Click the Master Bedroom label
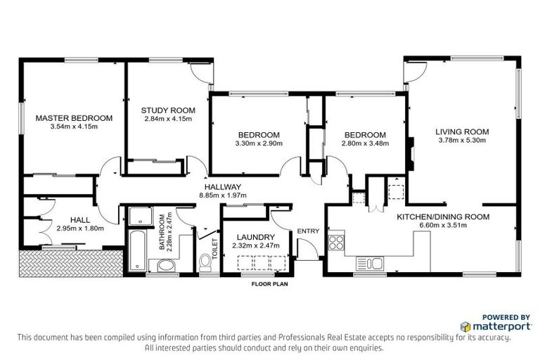(x=74, y=117)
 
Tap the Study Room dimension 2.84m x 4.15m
(x=167, y=120)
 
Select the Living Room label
(x=461, y=131)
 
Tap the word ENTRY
(x=308, y=231)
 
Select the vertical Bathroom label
(x=161, y=233)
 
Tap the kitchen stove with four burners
(x=336, y=243)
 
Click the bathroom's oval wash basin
(x=167, y=264)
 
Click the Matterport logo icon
(x=466, y=327)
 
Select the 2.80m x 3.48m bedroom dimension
(x=364, y=143)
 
